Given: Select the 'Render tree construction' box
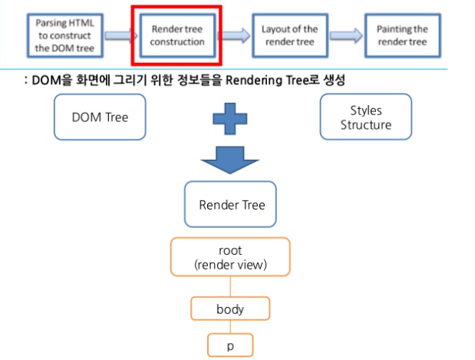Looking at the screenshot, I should pos(177,35).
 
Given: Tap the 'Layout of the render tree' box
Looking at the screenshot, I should pos(289,35).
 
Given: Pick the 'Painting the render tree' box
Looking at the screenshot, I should pos(401,35).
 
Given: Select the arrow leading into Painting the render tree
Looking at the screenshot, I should pos(346,35).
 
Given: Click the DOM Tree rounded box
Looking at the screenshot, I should pos(100,117).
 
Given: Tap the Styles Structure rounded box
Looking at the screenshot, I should pos(365,117).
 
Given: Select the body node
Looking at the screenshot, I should pos(230,309).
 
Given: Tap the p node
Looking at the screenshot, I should pos(230,345).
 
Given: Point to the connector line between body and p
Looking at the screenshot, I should pos(230,326).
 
